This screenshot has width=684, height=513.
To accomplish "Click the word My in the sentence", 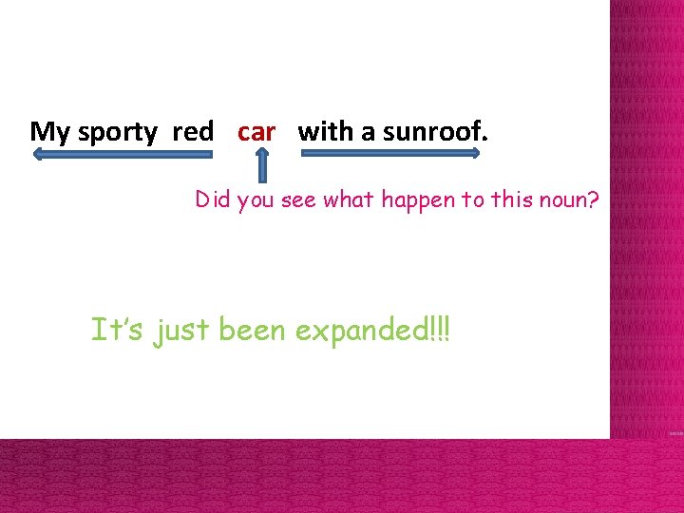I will pyautogui.click(x=50, y=132).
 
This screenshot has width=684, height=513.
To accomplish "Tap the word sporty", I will pyautogui.click(x=117, y=133).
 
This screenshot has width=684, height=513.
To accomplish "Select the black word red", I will pyautogui.click(x=193, y=132).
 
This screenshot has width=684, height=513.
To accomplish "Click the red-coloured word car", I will pyautogui.click(x=256, y=132).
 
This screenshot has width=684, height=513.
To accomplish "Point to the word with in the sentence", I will pyautogui.click(x=325, y=132).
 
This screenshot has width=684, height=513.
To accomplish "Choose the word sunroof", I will pyautogui.click(x=435, y=132).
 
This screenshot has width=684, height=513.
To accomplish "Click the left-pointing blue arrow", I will pyautogui.click(x=95, y=158).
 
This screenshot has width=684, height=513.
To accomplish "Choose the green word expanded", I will pyautogui.click(x=358, y=331).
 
